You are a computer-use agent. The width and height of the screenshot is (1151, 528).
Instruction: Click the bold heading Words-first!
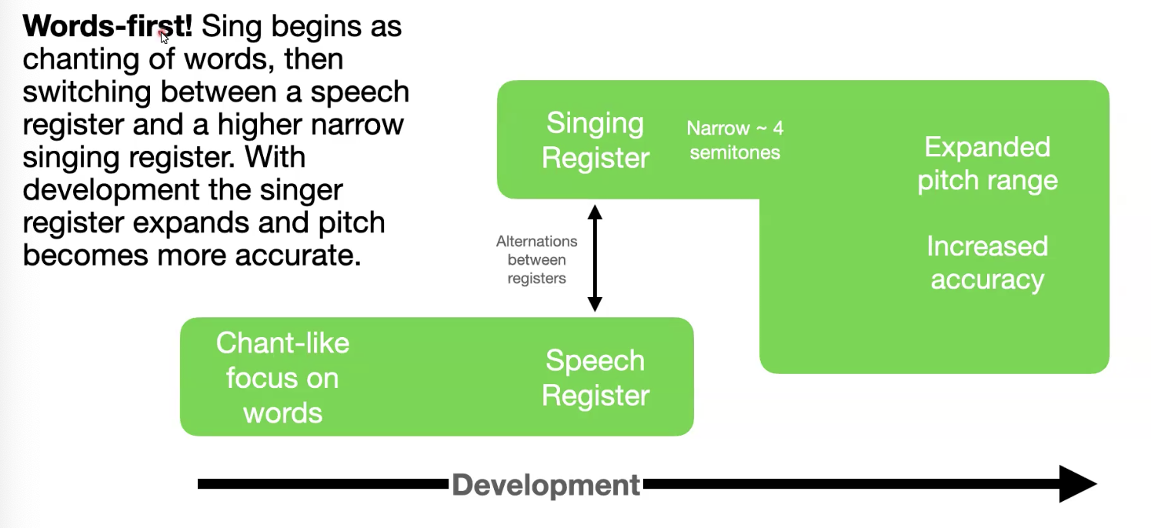(x=108, y=27)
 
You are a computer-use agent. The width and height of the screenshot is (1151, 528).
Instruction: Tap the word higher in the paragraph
(x=266, y=125)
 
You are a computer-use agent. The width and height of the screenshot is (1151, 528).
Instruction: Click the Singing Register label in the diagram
(x=596, y=140)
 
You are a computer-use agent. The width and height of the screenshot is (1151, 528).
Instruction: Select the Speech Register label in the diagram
(x=596, y=378)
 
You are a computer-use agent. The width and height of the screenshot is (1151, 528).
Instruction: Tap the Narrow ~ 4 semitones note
(x=735, y=140)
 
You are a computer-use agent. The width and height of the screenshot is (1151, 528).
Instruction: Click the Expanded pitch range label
(x=987, y=163)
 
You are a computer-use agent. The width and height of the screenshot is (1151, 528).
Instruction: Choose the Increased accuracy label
(x=987, y=262)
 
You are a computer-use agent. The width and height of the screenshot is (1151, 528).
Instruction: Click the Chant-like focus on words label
(x=282, y=378)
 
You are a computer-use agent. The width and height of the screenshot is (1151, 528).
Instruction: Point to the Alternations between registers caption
(x=537, y=259)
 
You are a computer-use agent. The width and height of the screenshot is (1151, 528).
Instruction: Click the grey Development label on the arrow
(x=546, y=485)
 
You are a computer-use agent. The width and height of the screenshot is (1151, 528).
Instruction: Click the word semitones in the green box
(x=735, y=152)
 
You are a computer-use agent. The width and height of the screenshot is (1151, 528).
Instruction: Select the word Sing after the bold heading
(x=233, y=27)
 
